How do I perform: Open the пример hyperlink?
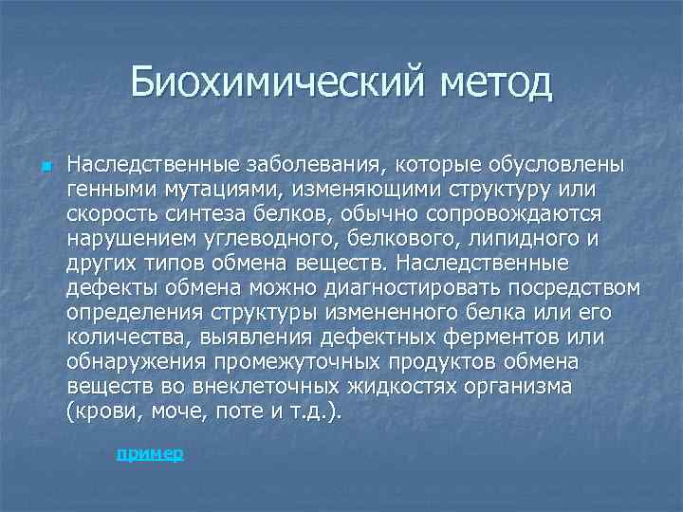click(150, 454)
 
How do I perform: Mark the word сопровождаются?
click(517, 214)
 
